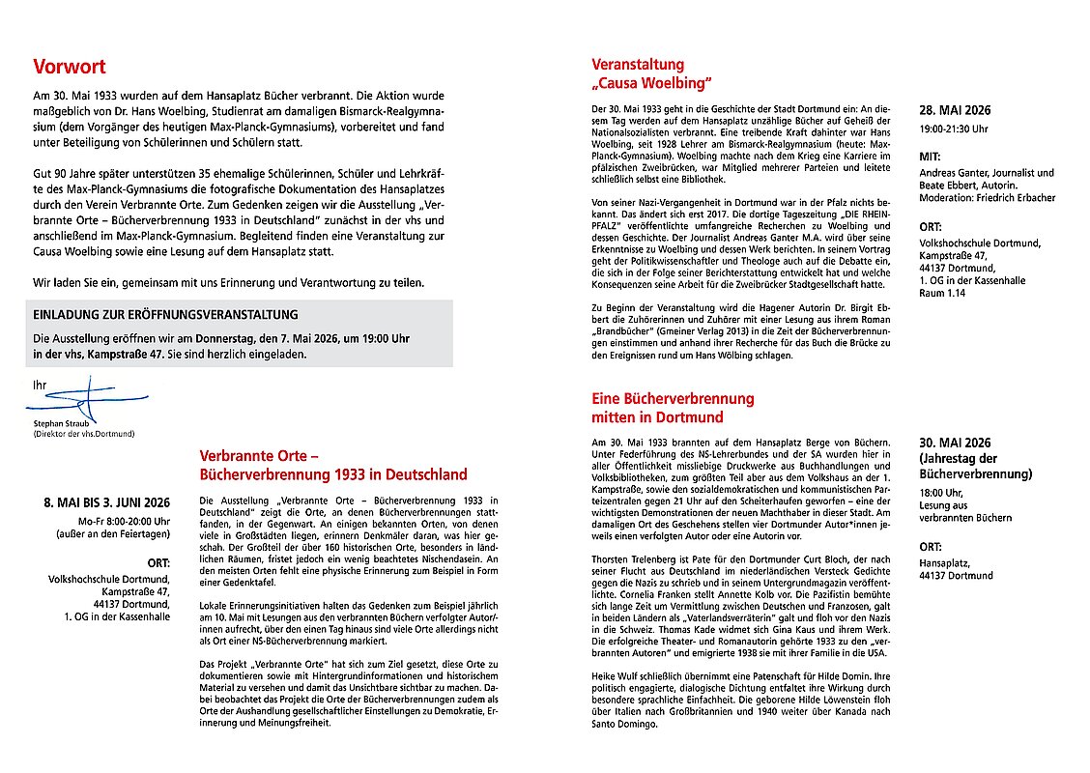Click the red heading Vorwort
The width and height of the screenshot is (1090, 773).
(69, 68)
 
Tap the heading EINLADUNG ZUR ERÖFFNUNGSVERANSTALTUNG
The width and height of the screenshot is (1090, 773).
(165, 315)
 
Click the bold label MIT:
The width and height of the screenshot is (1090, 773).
(931, 155)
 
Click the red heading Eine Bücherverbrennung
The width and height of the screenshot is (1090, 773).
(673, 398)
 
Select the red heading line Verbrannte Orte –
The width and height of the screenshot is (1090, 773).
(259, 456)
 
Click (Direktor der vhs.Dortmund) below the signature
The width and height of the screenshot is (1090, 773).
(84, 433)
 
